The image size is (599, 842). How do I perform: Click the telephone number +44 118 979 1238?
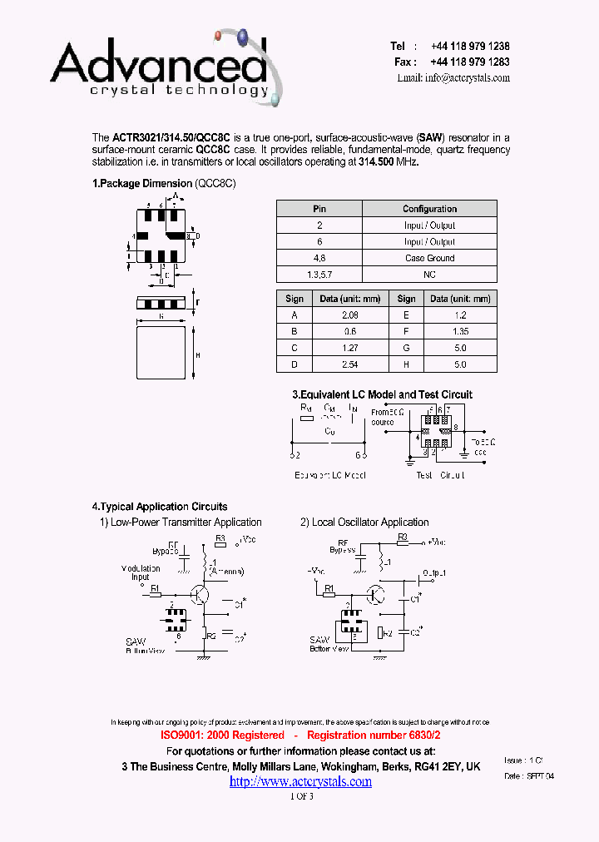click(x=470, y=47)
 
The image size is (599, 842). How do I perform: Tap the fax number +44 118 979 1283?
click(x=470, y=62)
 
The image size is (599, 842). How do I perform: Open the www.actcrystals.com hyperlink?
click(x=300, y=781)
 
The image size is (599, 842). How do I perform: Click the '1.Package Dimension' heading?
click(x=141, y=183)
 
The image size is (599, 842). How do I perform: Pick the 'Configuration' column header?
click(x=429, y=209)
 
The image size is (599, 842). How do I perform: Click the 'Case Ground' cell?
click(x=429, y=258)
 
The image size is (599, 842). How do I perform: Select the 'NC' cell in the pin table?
click(x=429, y=274)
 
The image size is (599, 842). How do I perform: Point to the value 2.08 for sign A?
click(x=349, y=315)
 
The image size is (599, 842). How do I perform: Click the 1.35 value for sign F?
click(x=460, y=331)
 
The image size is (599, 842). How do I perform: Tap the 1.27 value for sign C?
click(x=349, y=348)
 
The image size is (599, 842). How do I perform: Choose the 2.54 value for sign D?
click(x=349, y=364)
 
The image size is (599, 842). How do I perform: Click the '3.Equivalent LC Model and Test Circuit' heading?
click(x=382, y=394)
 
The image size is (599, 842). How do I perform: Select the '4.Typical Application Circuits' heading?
click(x=160, y=506)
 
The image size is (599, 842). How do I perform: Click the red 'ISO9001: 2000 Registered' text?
click(x=222, y=736)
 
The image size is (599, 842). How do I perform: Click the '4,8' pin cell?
click(x=319, y=258)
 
